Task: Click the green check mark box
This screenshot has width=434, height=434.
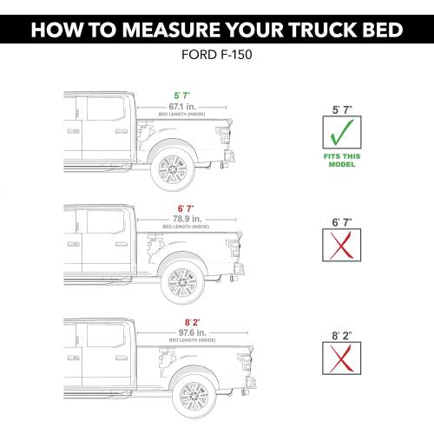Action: point(340,135)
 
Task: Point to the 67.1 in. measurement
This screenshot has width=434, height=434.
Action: point(183,106)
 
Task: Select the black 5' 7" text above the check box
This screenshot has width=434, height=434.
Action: point(340,109)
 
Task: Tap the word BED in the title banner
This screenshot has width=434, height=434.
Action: point(384,32)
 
